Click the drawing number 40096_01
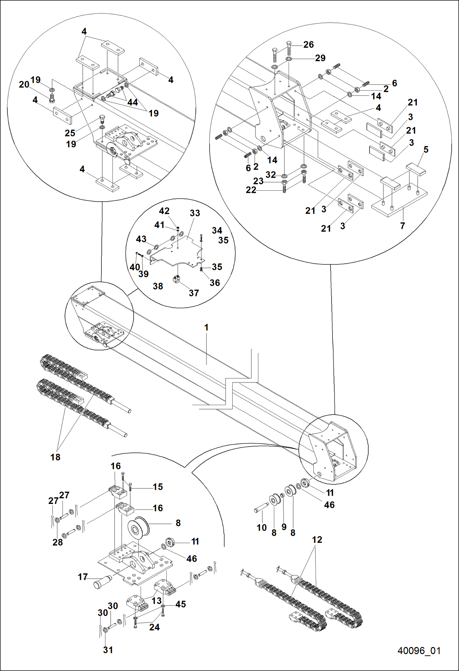tap(419, 650)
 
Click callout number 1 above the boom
tap(206, 327)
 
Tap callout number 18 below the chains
tap(55, 457)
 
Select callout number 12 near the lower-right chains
tap(317, 539)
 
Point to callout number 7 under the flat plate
tap(403, 226)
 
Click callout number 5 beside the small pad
tap(426, 150)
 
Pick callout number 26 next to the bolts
tap(309, 45)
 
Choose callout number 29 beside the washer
tap(320, 58)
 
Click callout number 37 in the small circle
tap(194, 293)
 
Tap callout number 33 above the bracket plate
tap(195, 213)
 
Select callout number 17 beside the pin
tap(83, 577)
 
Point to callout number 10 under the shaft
tap(262, 527)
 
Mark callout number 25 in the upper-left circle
tap(70, 133)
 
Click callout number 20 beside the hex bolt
tap(24, 84)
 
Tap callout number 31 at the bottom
tap(108, 650)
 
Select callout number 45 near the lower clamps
tap(180, 604)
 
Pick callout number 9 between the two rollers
tap(284, 527)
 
